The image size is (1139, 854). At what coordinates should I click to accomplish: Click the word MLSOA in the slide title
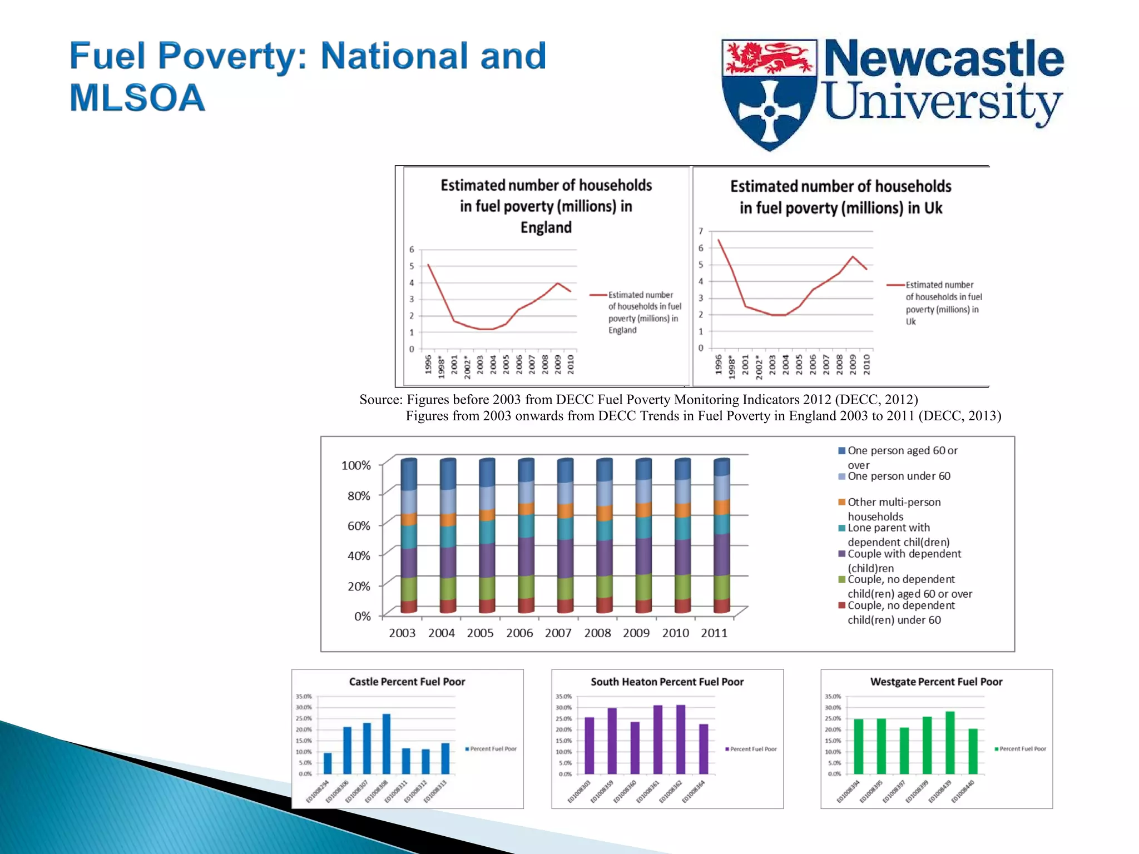(x=137, y=98)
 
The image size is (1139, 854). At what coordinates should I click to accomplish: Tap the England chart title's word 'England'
(x=546, y=227)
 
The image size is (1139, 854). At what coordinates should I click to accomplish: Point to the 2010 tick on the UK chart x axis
(x=866, y=365)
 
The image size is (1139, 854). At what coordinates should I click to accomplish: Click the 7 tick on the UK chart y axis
(x=701, y=231)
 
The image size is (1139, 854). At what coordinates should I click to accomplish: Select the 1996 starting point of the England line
(x=428, y=265)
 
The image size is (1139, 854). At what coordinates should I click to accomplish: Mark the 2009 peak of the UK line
(x=853, y=256)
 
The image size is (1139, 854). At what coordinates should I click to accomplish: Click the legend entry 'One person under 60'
(x=898, y=476)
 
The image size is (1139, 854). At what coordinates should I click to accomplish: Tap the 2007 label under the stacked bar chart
(x=558, y=633)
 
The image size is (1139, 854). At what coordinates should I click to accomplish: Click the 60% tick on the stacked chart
(x=359, y=525)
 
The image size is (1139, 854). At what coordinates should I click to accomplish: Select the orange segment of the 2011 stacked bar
(x=721, y=507)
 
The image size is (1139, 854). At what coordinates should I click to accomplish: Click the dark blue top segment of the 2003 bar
(x=409, y=474)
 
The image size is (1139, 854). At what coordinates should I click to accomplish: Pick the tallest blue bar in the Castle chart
(x=387, y=743)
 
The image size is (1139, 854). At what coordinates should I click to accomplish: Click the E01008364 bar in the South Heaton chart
(x=704, y=748)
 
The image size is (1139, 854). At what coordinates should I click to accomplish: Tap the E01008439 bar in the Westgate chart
(x=950, y=742)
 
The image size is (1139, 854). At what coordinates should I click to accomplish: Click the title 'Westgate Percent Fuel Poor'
(x=936, y=682)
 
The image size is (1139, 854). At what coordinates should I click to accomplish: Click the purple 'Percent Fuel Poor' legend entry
(x=752, y=749)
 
